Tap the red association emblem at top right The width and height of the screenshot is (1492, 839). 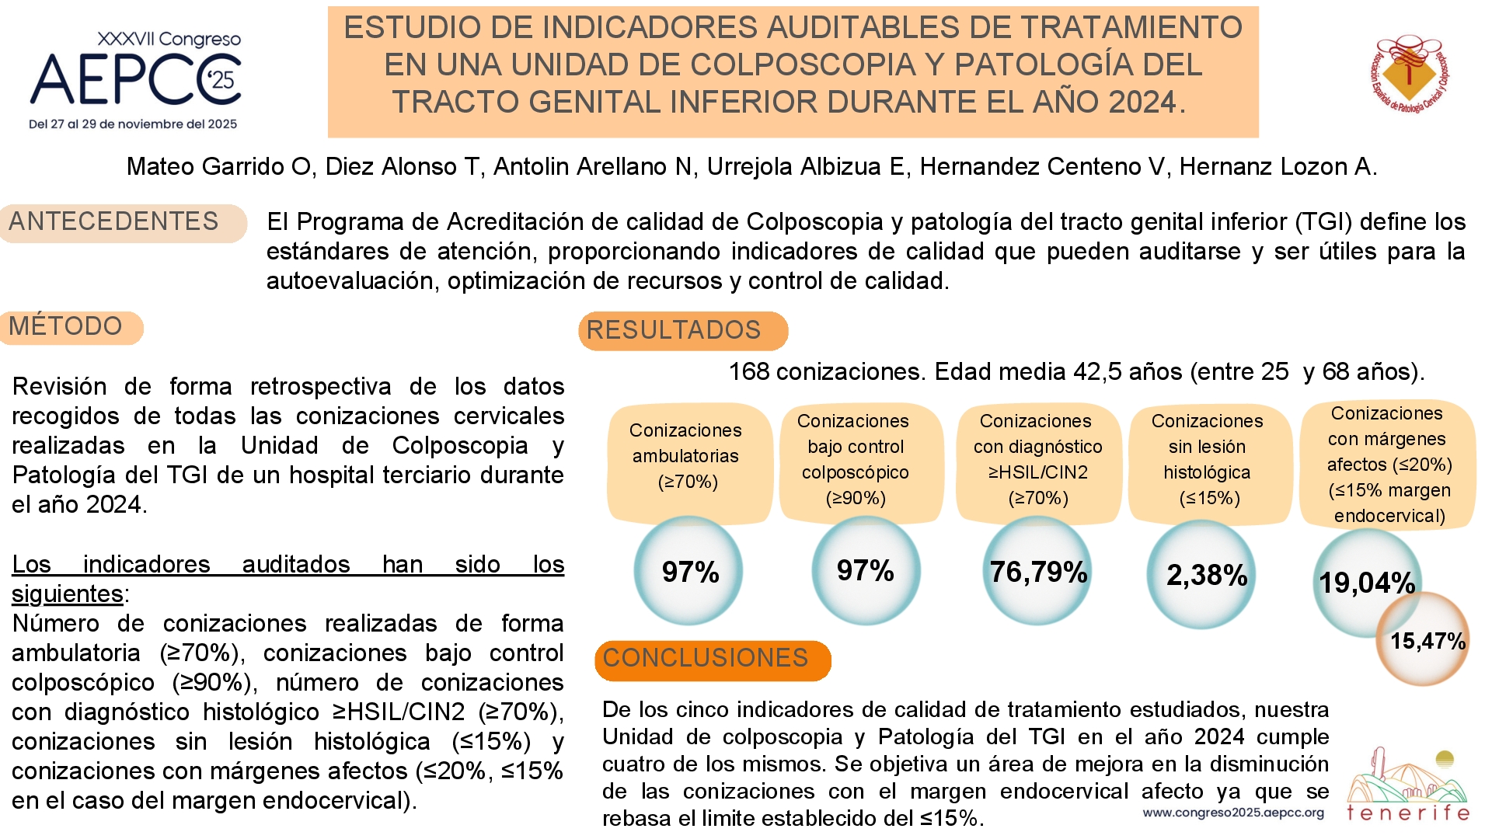[1410, 74]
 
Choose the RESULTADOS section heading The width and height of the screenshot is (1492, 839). [683, 331]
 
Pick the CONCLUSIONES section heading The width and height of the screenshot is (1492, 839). [713, 660]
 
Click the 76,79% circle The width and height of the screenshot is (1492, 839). [1037, 571]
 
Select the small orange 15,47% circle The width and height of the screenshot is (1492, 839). [1423, 639]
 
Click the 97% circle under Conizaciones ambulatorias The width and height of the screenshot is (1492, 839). [688, 571]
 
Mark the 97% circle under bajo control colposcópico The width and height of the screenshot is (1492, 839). [866, 570]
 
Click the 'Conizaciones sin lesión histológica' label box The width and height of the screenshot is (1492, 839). [1209, 461]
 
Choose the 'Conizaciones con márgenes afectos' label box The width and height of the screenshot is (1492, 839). [1387, 465]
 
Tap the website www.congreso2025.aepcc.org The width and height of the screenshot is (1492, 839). [1233, 813]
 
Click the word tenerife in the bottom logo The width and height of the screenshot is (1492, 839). [1408, 813]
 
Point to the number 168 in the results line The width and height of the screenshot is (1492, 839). [748, 372]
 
